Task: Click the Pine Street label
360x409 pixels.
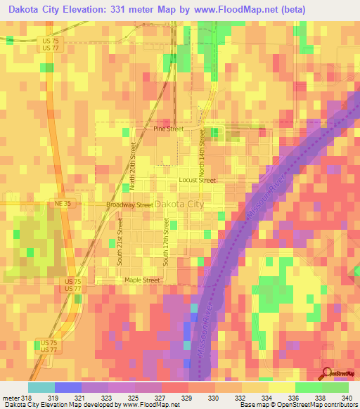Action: pos(168,129)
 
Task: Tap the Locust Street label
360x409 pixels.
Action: pos(197,180)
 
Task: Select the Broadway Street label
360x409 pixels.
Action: pos(129,204)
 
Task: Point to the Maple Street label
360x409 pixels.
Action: pos(142,280)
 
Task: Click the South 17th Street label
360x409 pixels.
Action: pos(167,242)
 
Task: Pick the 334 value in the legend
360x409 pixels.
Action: pos(266,398)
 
